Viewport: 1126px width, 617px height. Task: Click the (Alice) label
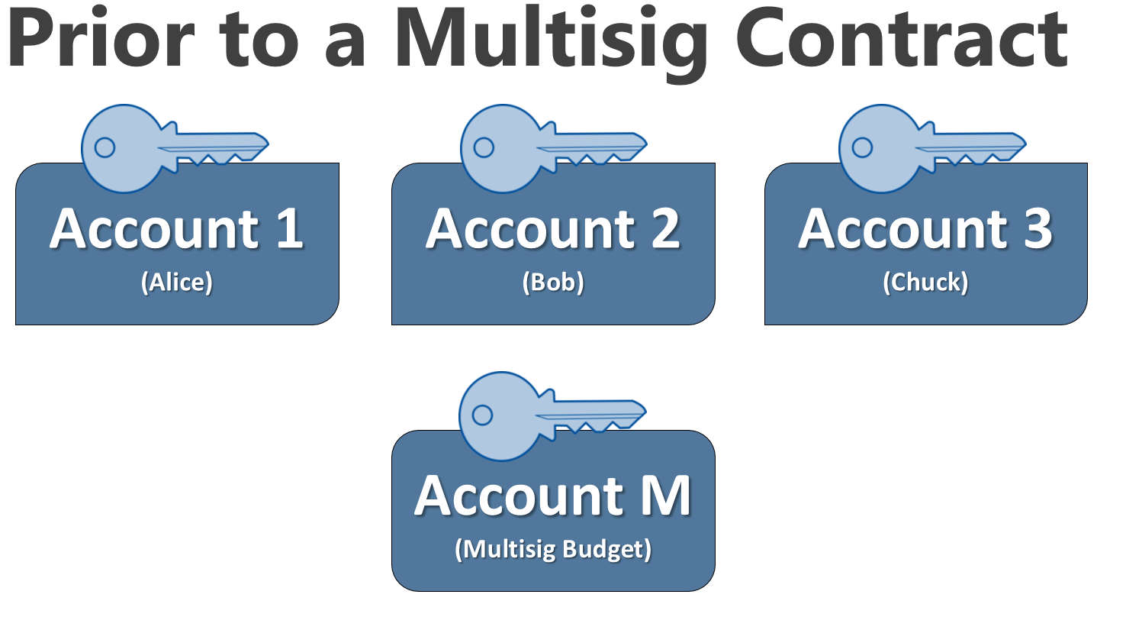coord(176,283)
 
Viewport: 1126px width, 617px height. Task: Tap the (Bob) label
coord(553,283)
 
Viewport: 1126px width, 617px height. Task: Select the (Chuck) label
coord(925,283)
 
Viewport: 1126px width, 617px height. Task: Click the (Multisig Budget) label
coord(553,550)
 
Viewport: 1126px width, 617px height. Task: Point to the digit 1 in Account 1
coord(288,228)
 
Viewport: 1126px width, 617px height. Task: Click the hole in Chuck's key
coord(862,147)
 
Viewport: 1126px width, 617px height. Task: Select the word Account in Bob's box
coord(526,228)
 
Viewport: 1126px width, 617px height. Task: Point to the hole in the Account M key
coord(482,415)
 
